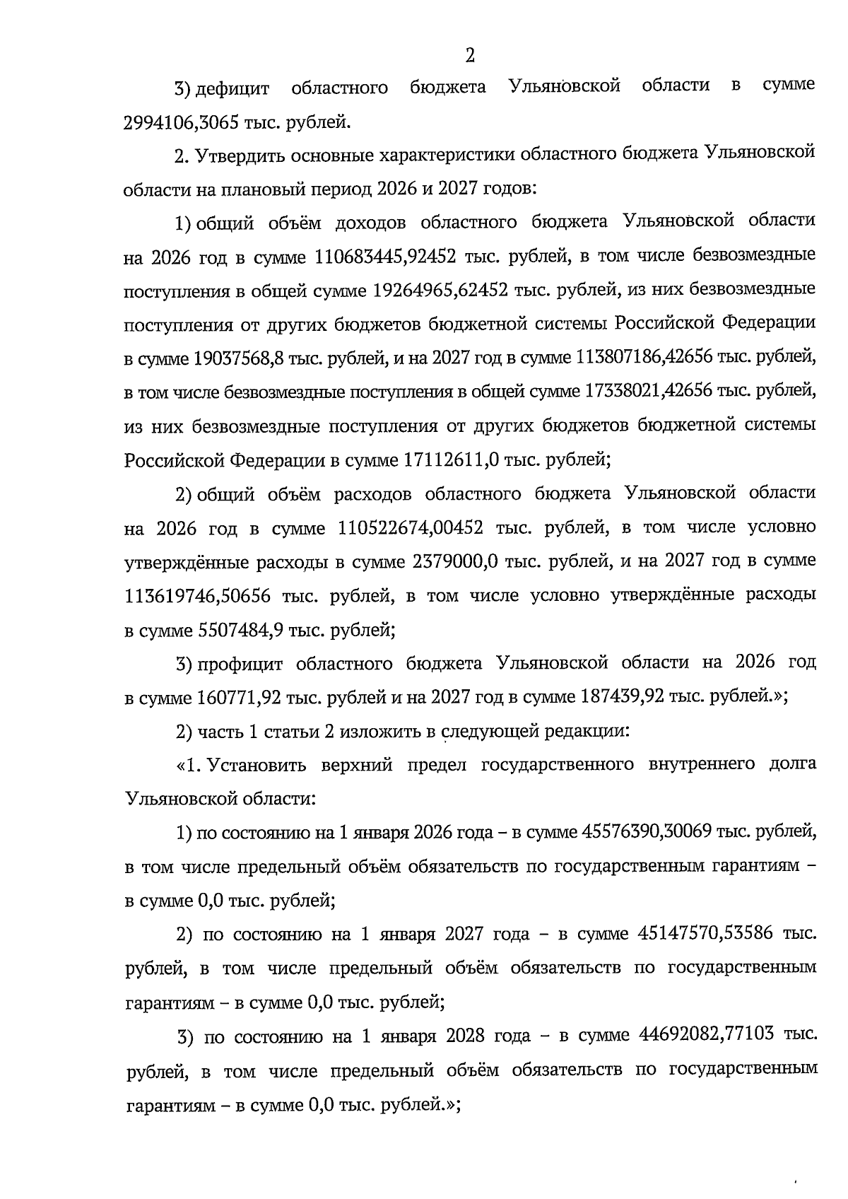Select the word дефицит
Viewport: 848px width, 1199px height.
[232, 88]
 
